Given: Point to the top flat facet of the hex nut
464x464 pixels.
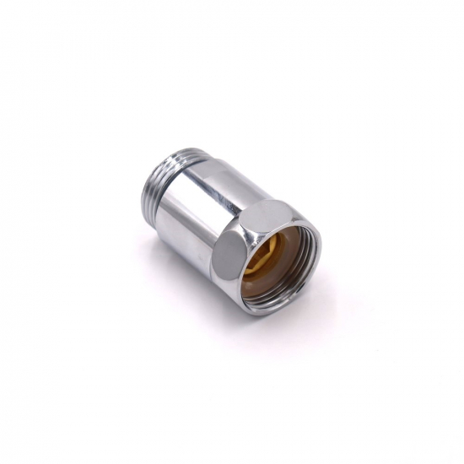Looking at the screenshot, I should click(262, 202).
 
